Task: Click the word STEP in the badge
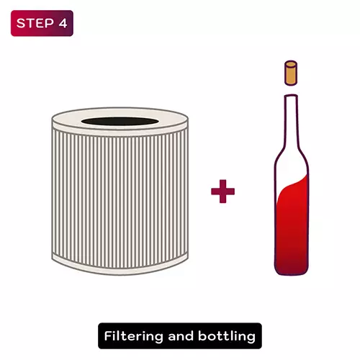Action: click(x=35, y=23)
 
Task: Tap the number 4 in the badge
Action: click(x=63, y=23)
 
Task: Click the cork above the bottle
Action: click(x=291, y=73)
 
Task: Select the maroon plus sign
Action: click(x=222, y=192)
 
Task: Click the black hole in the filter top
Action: click(x=120, y=121)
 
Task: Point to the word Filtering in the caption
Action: click(x=134, y=336)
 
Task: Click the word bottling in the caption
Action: click(x=227, y=336)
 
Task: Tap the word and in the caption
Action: click(x=181, y=336)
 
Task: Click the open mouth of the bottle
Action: click(x=291, y=96)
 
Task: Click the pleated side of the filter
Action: click(x=120, y=197)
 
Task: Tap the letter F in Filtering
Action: click(x=108, y=336)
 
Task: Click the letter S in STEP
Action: click(x=21, y=23)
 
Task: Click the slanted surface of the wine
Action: click(x=292, y=184)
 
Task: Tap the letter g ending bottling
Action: click(x=251, y=338)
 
